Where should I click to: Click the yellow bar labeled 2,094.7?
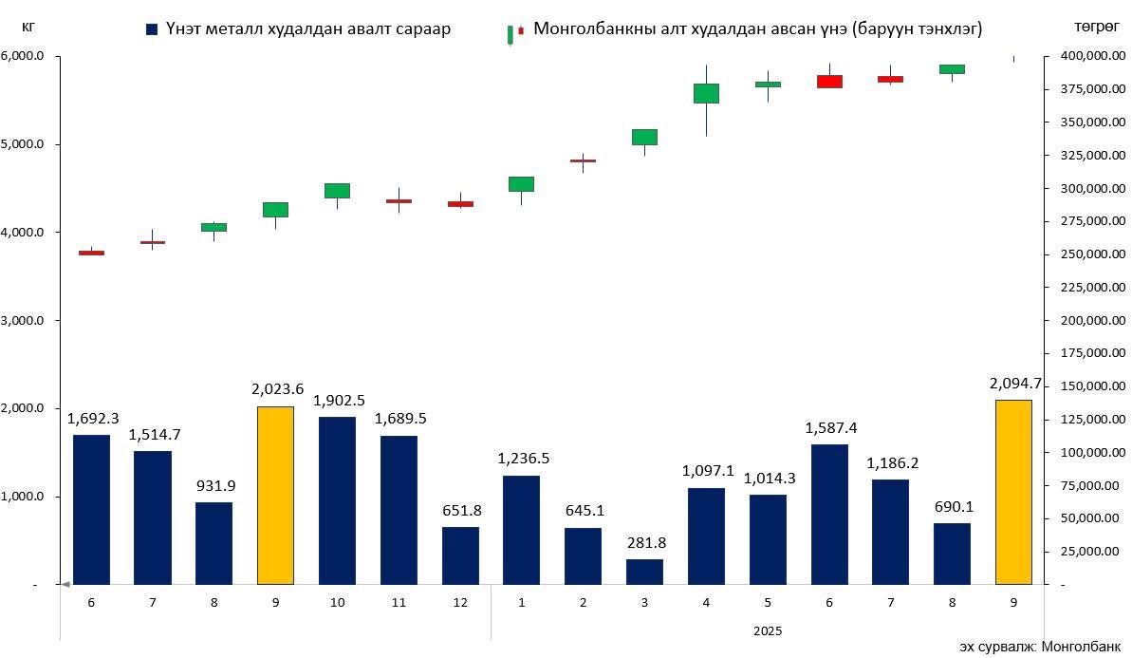pyautogui.click(x=1013, y=492)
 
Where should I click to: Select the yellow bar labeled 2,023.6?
pyautogui.click(x=275, y=495)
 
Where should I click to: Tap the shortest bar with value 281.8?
pyautogui.click(x=644, y=572)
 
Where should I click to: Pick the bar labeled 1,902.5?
pyautogui.click(x=337, y=500)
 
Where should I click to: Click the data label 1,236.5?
pyautogui.click(x=522, y=459)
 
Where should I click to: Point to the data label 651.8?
pyautogui.click(x=461, y=510)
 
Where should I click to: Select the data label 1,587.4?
pyautogui.click(x=829, y=427)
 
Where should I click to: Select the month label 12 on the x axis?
pyautogui.click(x=460, y=603)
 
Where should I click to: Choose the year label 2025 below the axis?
pyautogui.click(x=768, y=630)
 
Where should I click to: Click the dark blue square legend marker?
pyautogui.click(x=152, y=29)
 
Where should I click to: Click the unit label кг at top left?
pyautogui.click(x=28, y=27)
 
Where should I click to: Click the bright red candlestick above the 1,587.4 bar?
pyautogui.click(x=829, y=81)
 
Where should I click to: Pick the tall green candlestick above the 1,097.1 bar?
pyautogui.click(x=706, y=93)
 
